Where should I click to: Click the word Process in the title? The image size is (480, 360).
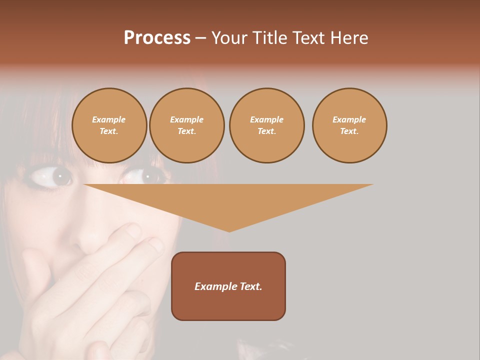pyautogui.click(x=157, y=38)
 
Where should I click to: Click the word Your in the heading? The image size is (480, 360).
pyautogui.click(x=229, y=38)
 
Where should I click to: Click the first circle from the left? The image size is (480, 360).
pyautogui.click(x=109, y=125)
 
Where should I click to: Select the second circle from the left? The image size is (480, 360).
pyautogui.click(x=187, y=125)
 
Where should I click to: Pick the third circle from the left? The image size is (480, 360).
pyautogui.click(x=266, y=125)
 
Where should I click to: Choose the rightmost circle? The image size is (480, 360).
pyautogui.click(x=349, y=125)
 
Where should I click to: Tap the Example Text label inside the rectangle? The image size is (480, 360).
pyautogui.click(x=228, y=286)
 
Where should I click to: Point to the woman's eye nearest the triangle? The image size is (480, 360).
pyautogui.click(x=146, y=176)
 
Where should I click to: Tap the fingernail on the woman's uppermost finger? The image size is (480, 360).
pyautogui.click(x=133, y=230)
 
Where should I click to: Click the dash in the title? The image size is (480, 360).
pyautogui.click(x=200, y=38)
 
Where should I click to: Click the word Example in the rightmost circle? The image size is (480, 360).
pyautogui.click(x=349, y=119)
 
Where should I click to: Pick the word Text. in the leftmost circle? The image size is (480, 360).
pyautogui.click(x=109, y=131)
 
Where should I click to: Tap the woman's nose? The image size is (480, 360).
pyautogui.click(x=90, y=240)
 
